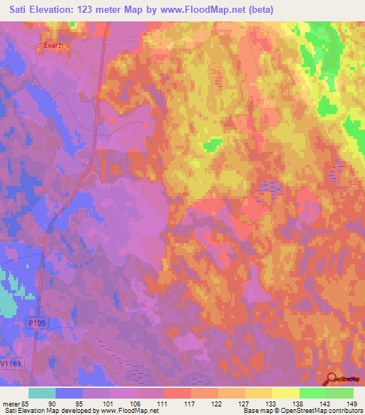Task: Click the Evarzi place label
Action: click(x=48, y=43)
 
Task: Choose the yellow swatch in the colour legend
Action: click(x=286, y=393)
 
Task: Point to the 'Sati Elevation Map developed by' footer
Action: click(x=51, y=410)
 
